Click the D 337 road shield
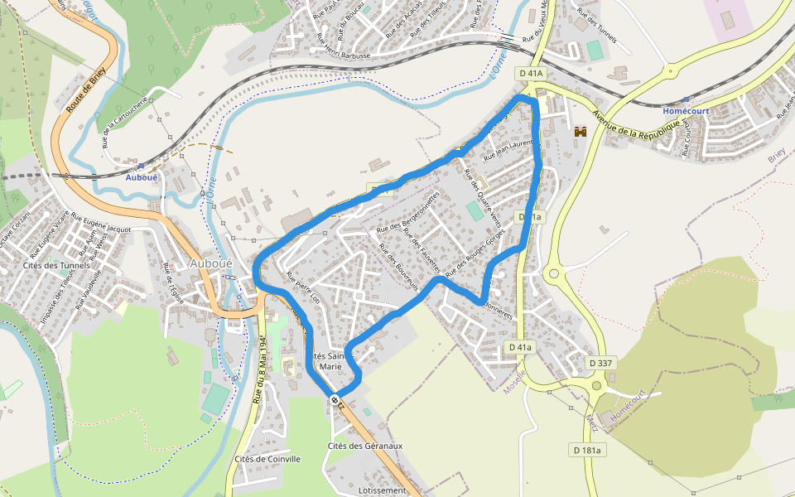[600, 363]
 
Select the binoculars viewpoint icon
[581, 132]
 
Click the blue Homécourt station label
[687, 110]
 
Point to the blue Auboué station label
[141, 176]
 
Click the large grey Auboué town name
[212, 263]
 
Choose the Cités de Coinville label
[267, 459]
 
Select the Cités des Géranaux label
[365, 446]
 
